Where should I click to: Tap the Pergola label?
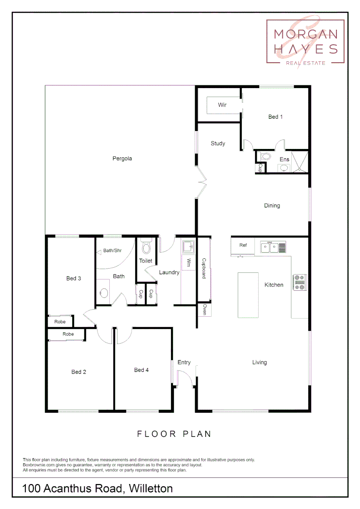click(122, 158)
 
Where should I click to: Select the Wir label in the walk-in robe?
click(222, 105)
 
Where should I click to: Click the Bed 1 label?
click(275, 116)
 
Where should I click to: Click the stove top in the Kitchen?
click(300, 282)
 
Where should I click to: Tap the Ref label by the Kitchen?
click(243, 245)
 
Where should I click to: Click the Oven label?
click(205, 309)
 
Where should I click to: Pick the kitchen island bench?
click(248, 296)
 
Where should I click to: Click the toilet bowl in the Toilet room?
click(146, 247)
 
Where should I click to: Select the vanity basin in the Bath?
click(104, 293)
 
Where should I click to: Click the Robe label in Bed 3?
click(60, 322)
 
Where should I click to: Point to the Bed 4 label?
click(141, 370)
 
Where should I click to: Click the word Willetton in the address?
click(150, 488)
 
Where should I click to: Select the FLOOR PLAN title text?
click(174, 434)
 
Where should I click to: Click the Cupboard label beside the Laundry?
click(204, 268)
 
